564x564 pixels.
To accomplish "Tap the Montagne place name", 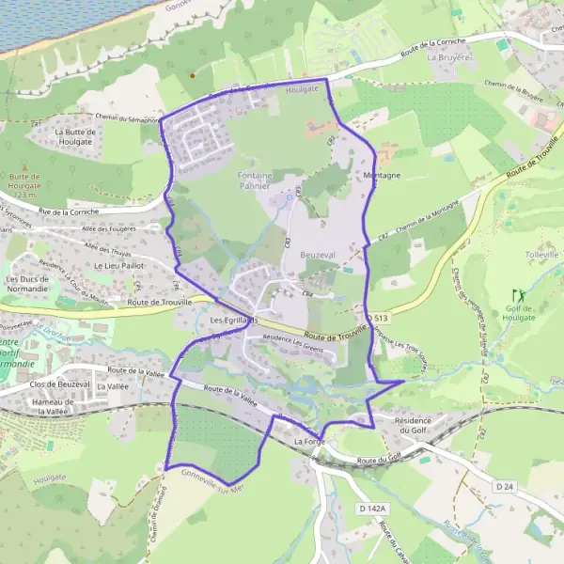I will pyautogui.click(x=382, y=176).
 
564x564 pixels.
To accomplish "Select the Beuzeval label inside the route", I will pyautogui.click(x=318, y=255).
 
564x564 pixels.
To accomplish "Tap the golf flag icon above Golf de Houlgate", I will pyautogui.click(x=516, y=294).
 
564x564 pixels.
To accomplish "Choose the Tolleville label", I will pyautogui.click(x=542, y=255).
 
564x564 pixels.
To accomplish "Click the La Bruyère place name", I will pyautogui.click(x=446, y=56).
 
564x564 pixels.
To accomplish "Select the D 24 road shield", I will pyautogui.click(x=506, y=485).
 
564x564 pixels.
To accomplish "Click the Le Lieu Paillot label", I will pyautogui.click(x=118, y=266).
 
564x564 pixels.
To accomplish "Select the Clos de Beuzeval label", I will pyautogui.click(x=58, y=385).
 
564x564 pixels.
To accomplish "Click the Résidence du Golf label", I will pyautogui.click(x=418, y=425).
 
